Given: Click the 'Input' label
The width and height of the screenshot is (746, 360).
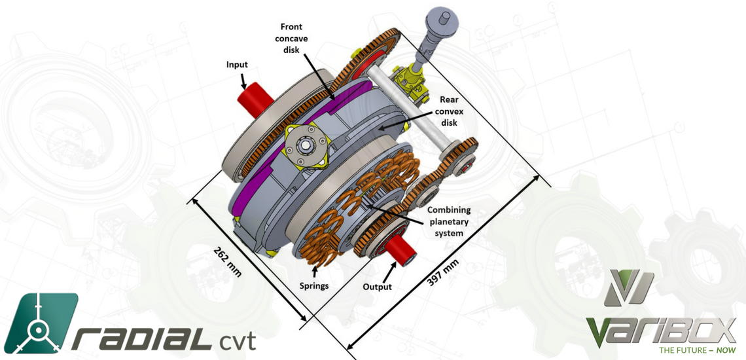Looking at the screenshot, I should coord(237,65).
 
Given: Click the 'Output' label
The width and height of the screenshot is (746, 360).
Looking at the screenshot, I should coord(377,287).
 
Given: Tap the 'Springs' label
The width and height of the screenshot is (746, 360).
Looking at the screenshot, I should coord(313,286).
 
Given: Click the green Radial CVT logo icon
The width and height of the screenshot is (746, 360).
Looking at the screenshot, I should coord(43,322).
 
